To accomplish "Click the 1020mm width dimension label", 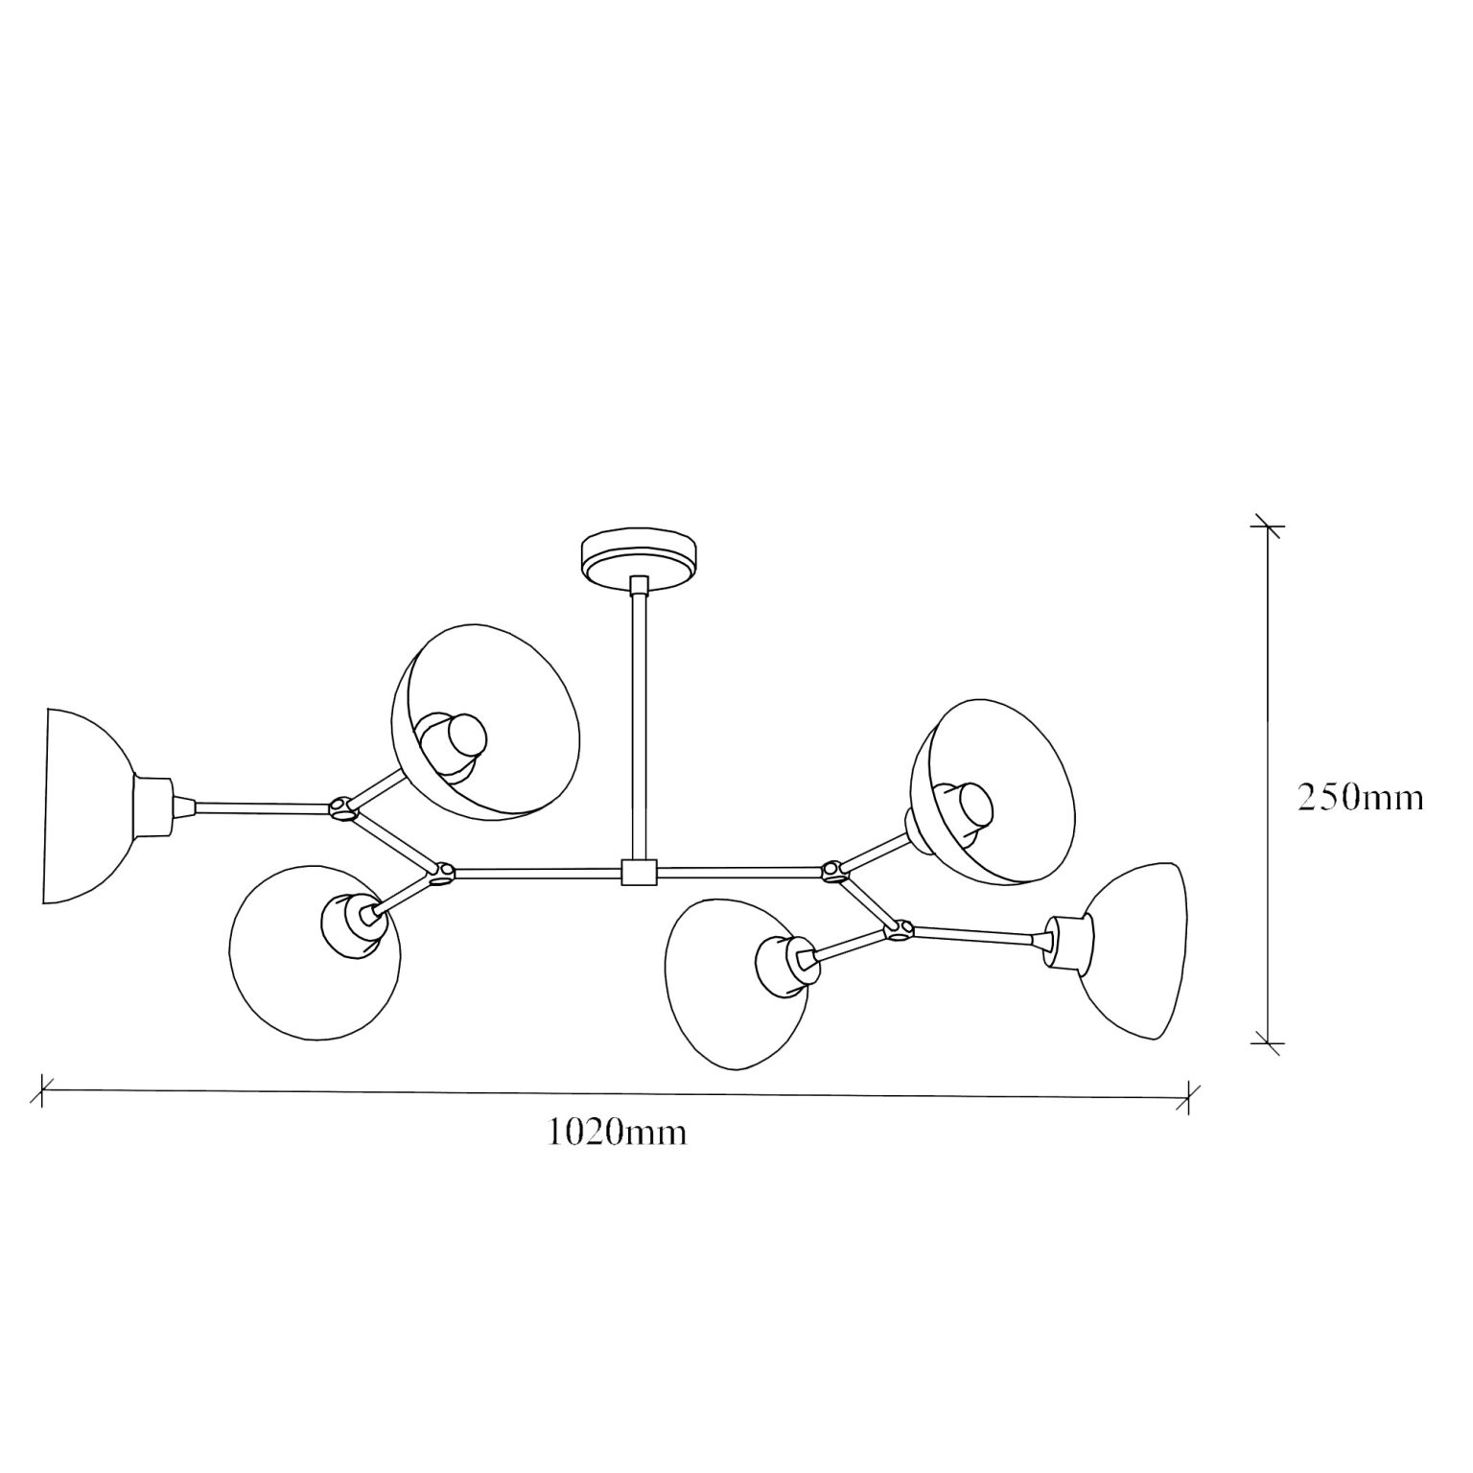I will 617,1132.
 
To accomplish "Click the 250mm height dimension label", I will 1360,797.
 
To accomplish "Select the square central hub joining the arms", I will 638,872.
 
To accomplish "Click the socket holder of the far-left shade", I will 152,806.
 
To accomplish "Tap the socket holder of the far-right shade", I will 1067,943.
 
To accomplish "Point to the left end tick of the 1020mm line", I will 42,1088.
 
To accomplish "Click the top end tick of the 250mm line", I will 1268,526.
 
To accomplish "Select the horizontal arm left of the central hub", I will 537,873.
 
